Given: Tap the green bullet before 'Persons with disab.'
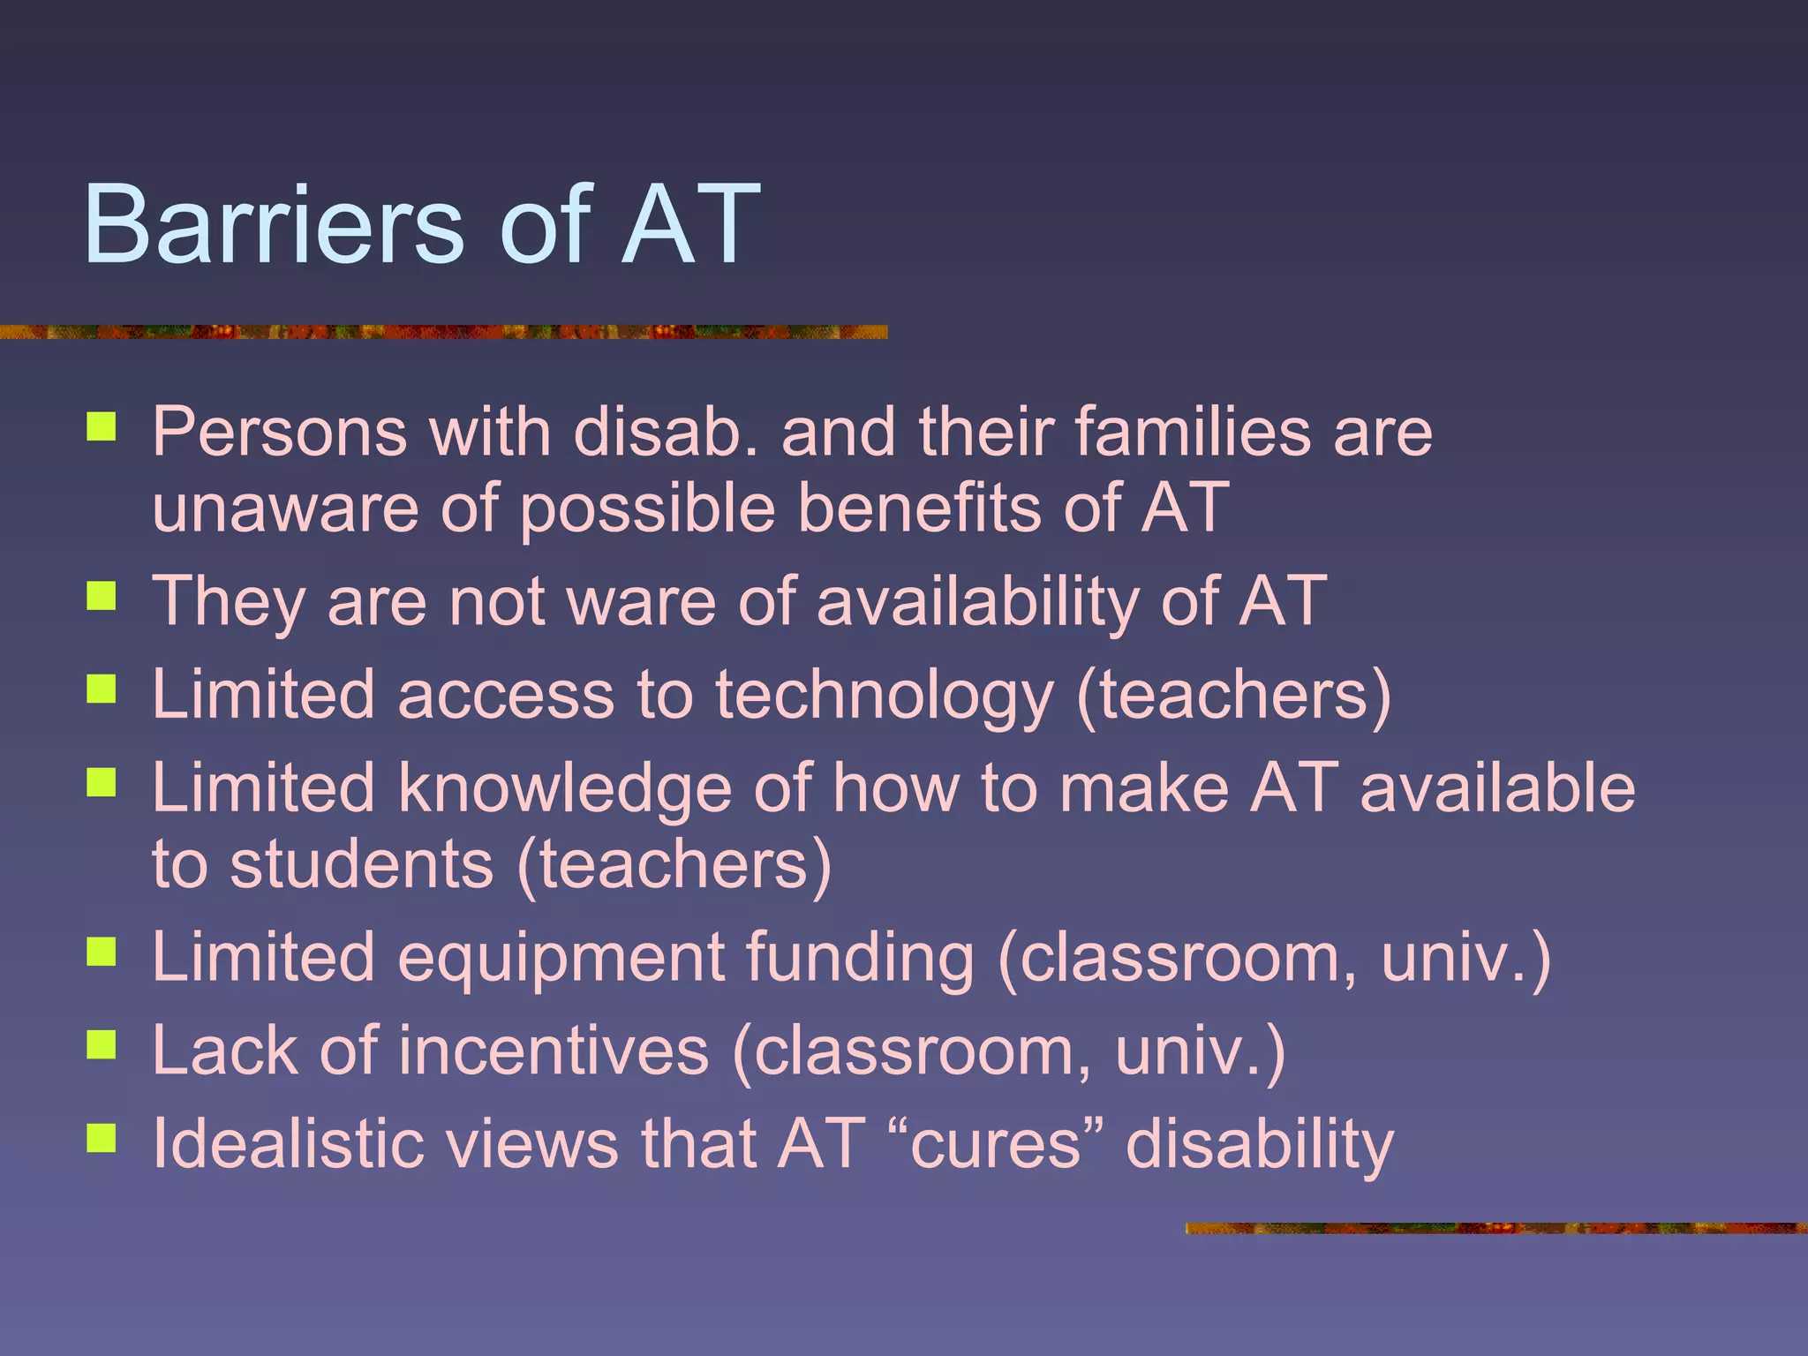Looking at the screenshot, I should click(102, 427).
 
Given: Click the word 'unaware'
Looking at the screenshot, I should click(284, 508).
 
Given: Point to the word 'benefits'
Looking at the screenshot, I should click(918, 508).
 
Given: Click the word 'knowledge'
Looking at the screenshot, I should click(564, 788).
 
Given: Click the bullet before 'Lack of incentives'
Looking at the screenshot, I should click(102, 1045).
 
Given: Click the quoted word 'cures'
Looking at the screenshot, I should click(995, 1144).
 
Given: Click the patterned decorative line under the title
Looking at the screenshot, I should click(441, 332).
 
